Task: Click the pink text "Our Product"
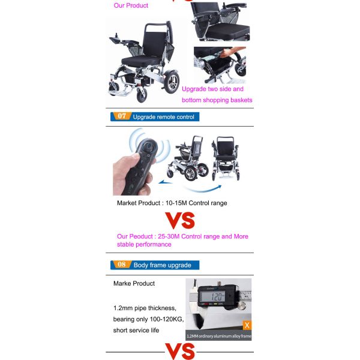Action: [x=131, y=6]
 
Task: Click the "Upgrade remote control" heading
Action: [x=163, y=117]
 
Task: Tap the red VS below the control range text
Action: [x=180, y=220]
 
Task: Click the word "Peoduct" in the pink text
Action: [x=143, y=236]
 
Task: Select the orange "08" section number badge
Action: [x=121, y=265]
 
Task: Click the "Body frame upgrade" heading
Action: [x=162, y=265]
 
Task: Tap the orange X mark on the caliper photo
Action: [x=246, y=325]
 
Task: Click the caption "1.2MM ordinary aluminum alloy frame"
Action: [x=218, y=336]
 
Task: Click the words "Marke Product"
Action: [x=134, y=283]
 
